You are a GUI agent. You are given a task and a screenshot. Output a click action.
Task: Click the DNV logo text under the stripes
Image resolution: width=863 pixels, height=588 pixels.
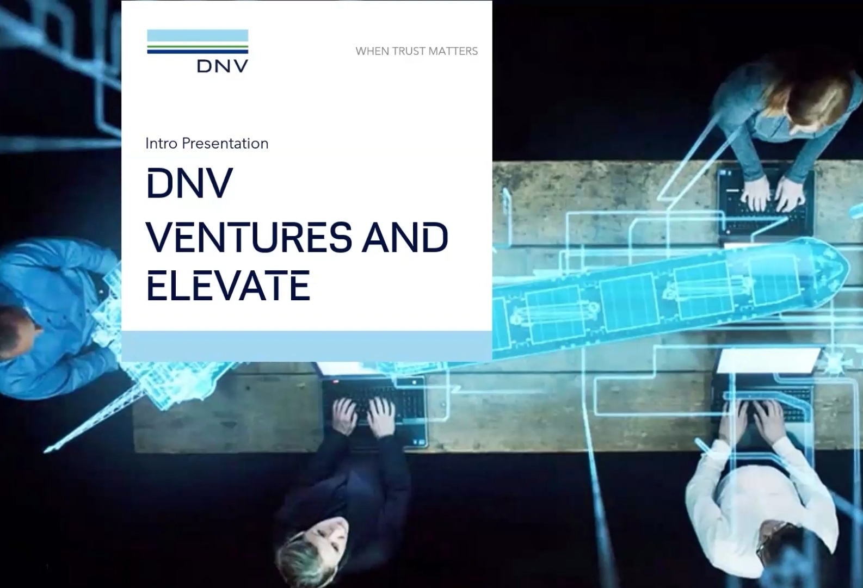click(x=223, y=66)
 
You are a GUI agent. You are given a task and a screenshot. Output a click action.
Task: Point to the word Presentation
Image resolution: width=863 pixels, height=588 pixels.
click(x=225, y=144)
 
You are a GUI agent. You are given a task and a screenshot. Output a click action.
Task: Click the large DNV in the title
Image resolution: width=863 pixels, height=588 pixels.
click(x=189, y=183)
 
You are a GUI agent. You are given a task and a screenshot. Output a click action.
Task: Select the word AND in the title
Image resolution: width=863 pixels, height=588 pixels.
click(x=404, y=237)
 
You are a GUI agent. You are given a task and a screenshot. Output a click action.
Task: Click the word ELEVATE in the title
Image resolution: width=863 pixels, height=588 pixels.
click(x=228, y=286)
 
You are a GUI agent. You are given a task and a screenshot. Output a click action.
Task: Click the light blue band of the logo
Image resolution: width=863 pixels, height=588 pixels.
click(x=198, y=35)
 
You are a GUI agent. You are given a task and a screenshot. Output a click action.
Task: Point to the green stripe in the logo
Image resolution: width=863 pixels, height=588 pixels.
click(x=198, y=47)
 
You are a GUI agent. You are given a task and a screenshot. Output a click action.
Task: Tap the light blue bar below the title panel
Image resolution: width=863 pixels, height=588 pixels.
click(x=307, y=346)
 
